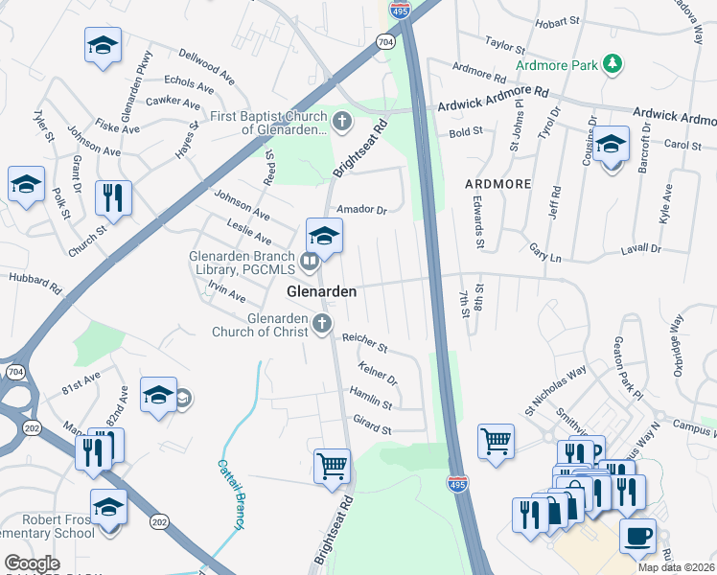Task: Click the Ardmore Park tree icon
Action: (611, 64)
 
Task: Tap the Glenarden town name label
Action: (322, 291)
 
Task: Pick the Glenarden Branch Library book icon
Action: (310, 261)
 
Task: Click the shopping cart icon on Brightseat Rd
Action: (332, 465)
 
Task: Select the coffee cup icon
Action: (637, 535)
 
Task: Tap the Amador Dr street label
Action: (360, 209)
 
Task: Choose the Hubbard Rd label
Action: (35, 285)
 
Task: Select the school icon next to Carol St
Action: (611, 145)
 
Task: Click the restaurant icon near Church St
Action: (113, 197)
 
